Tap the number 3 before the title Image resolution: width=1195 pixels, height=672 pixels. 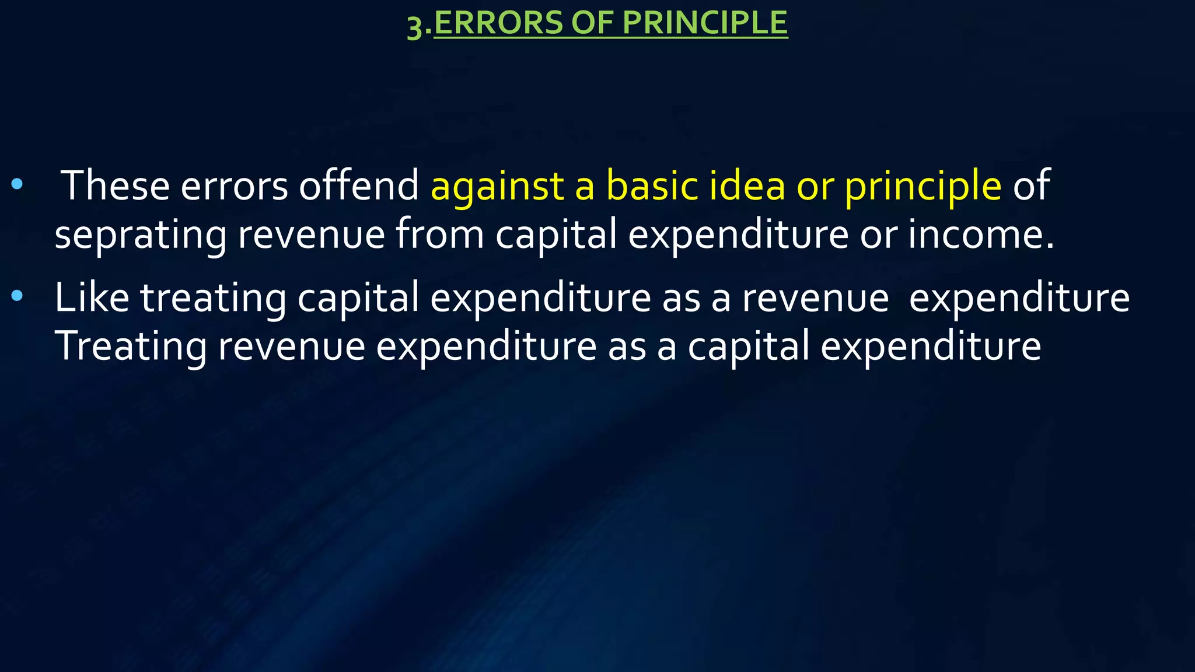415,27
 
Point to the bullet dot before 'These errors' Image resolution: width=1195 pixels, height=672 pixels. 17,185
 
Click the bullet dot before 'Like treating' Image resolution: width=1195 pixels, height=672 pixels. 17,296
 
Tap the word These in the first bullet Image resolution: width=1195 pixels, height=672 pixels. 115,185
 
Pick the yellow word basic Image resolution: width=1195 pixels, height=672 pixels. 652,185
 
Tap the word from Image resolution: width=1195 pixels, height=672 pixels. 440,234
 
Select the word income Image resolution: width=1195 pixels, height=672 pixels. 980,234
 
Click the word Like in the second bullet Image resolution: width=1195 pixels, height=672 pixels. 92,297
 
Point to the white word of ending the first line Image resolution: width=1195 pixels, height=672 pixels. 1032,185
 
